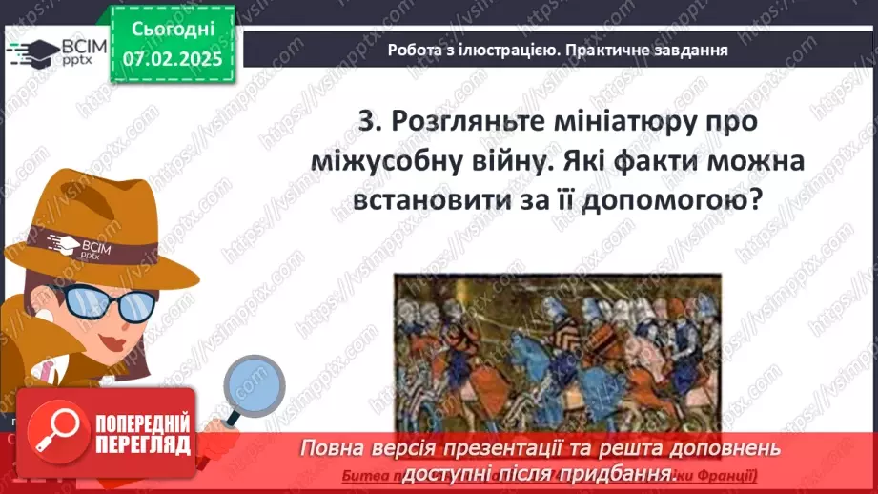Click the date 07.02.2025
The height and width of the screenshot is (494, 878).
[x=173, y=58]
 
